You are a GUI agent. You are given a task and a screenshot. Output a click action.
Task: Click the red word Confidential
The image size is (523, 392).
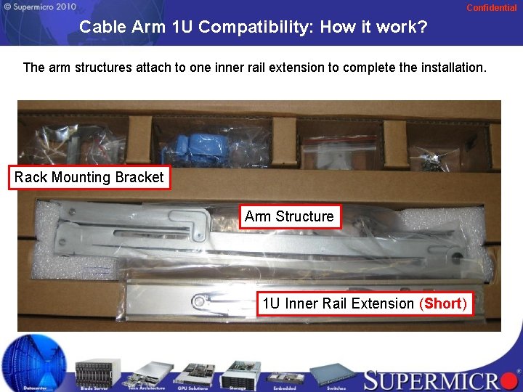click(491, 7)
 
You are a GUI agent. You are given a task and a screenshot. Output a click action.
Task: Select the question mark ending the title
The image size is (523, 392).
click(421, 28)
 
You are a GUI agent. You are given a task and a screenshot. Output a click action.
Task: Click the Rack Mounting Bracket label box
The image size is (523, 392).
click(89, 177)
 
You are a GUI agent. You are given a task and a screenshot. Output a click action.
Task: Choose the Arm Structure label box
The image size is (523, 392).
click(289, 216)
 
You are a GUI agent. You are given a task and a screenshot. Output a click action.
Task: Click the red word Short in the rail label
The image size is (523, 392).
click(443, 303)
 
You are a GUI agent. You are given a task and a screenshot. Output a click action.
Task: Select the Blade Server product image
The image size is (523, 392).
click(94, 372)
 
